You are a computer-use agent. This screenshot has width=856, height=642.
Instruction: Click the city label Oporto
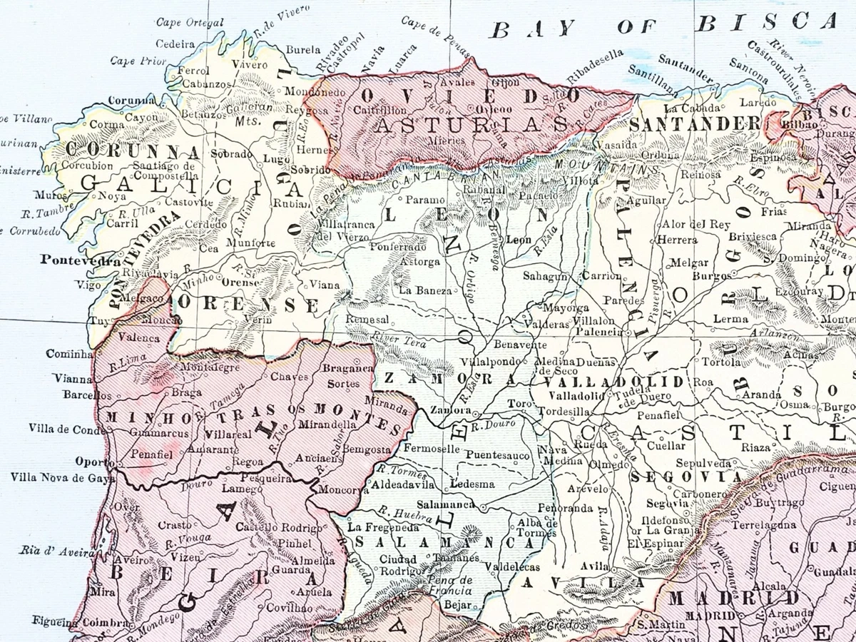(94, 461)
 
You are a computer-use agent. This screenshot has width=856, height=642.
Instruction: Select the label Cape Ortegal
(189, 23)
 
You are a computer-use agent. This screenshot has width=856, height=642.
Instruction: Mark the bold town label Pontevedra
(80, 260)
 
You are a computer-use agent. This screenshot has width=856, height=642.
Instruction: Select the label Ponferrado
(397, 247)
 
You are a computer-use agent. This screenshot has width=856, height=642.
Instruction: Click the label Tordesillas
(564, 412)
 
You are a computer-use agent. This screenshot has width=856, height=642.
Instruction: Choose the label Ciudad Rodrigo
(401, 565)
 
